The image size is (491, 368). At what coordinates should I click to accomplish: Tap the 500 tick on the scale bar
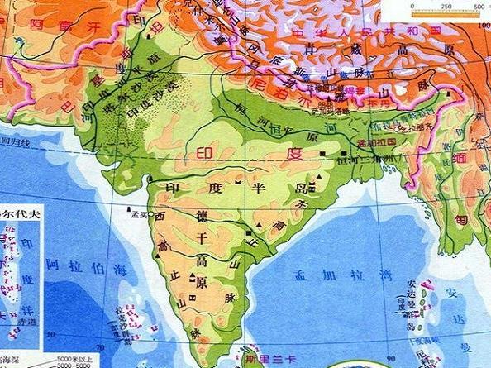tap(479, 6)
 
